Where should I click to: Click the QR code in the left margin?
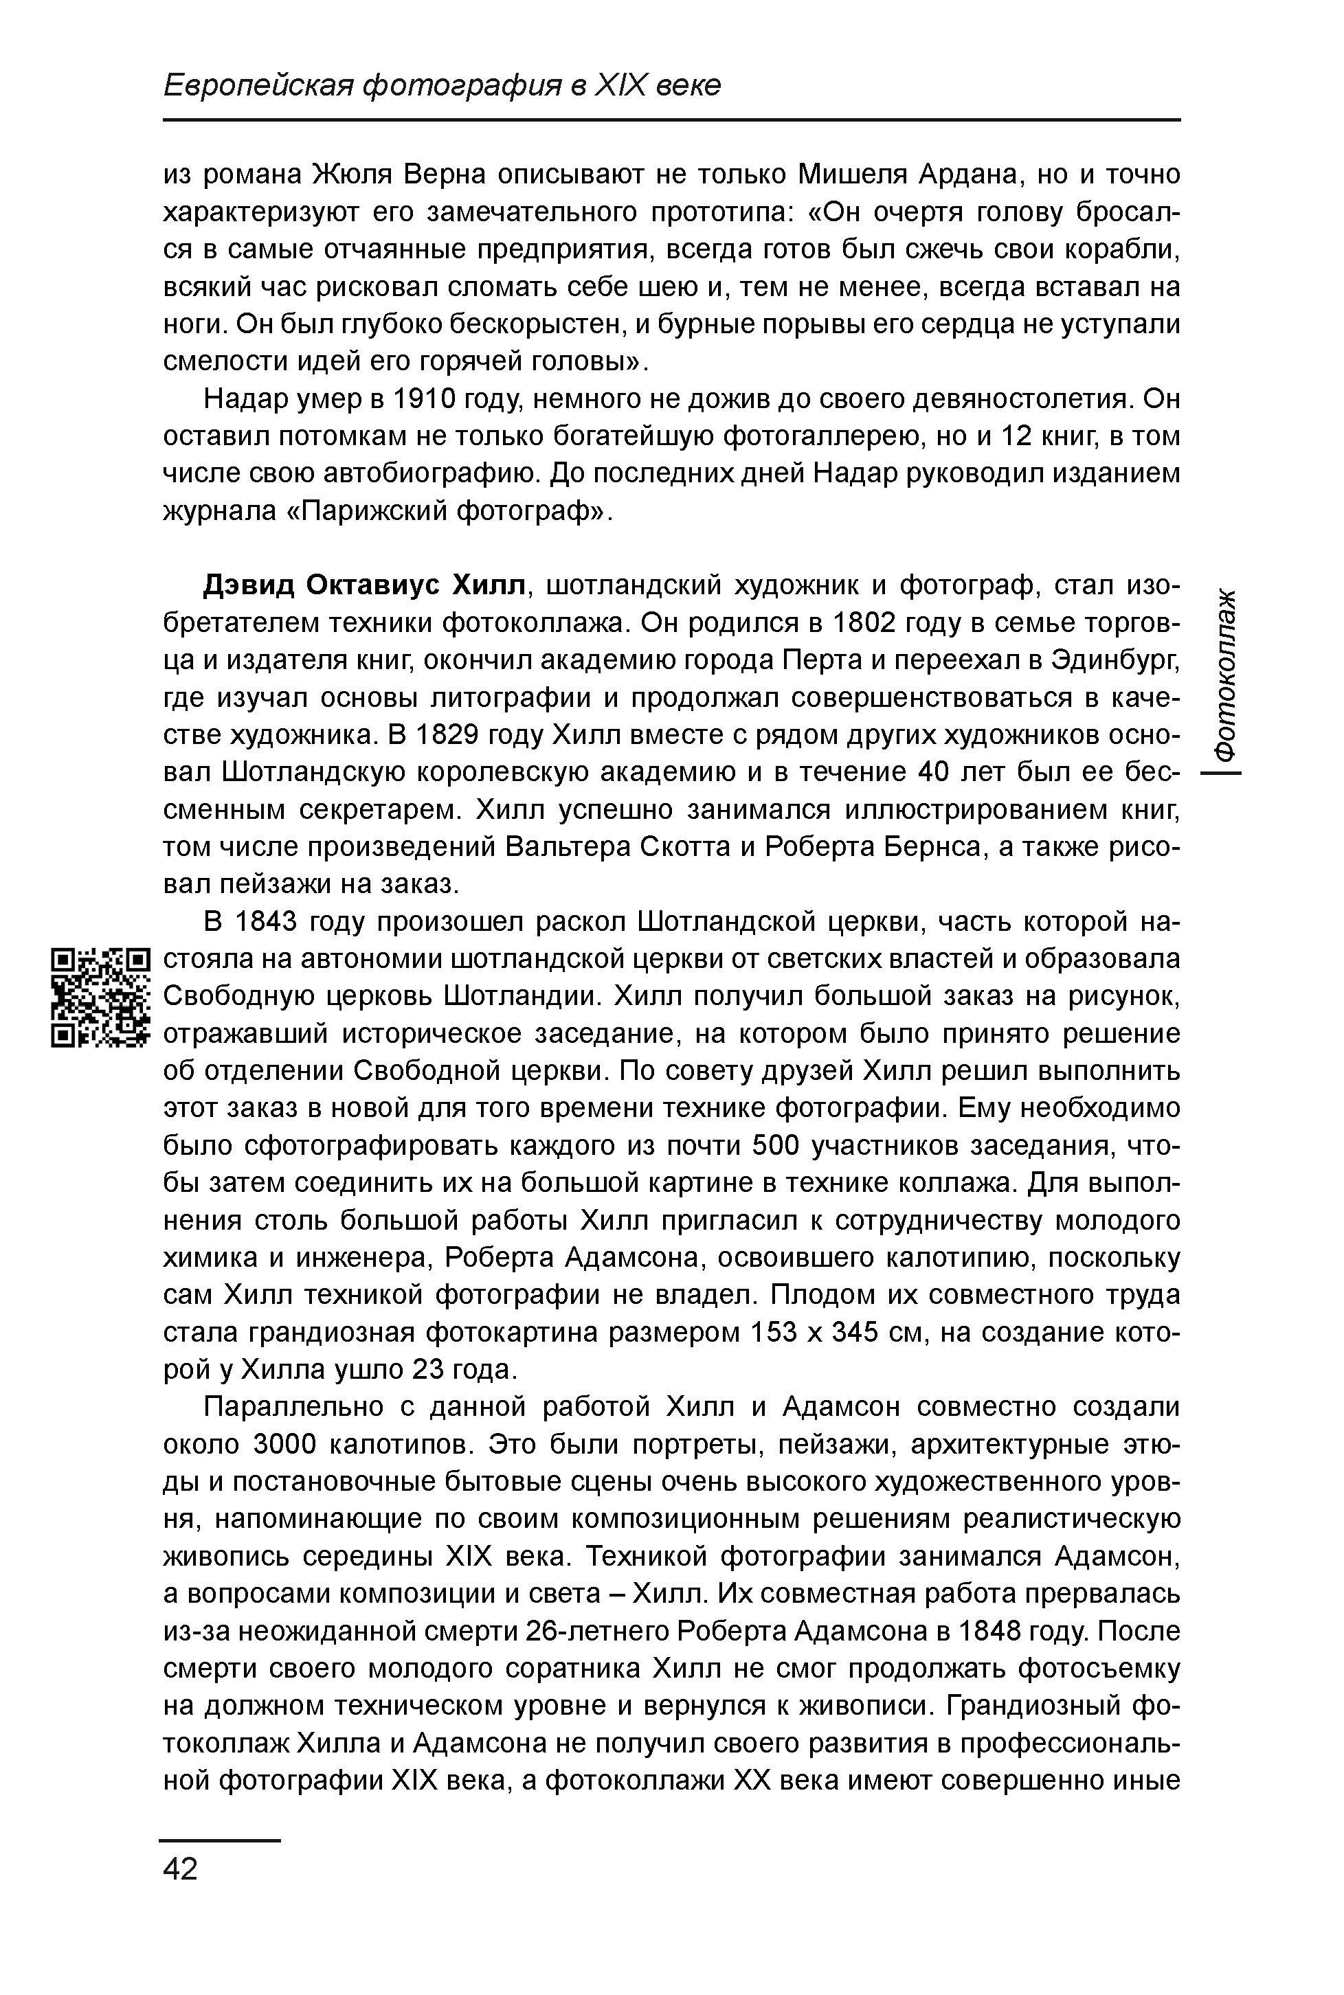coord(100,997)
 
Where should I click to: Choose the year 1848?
coord(991,1631)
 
